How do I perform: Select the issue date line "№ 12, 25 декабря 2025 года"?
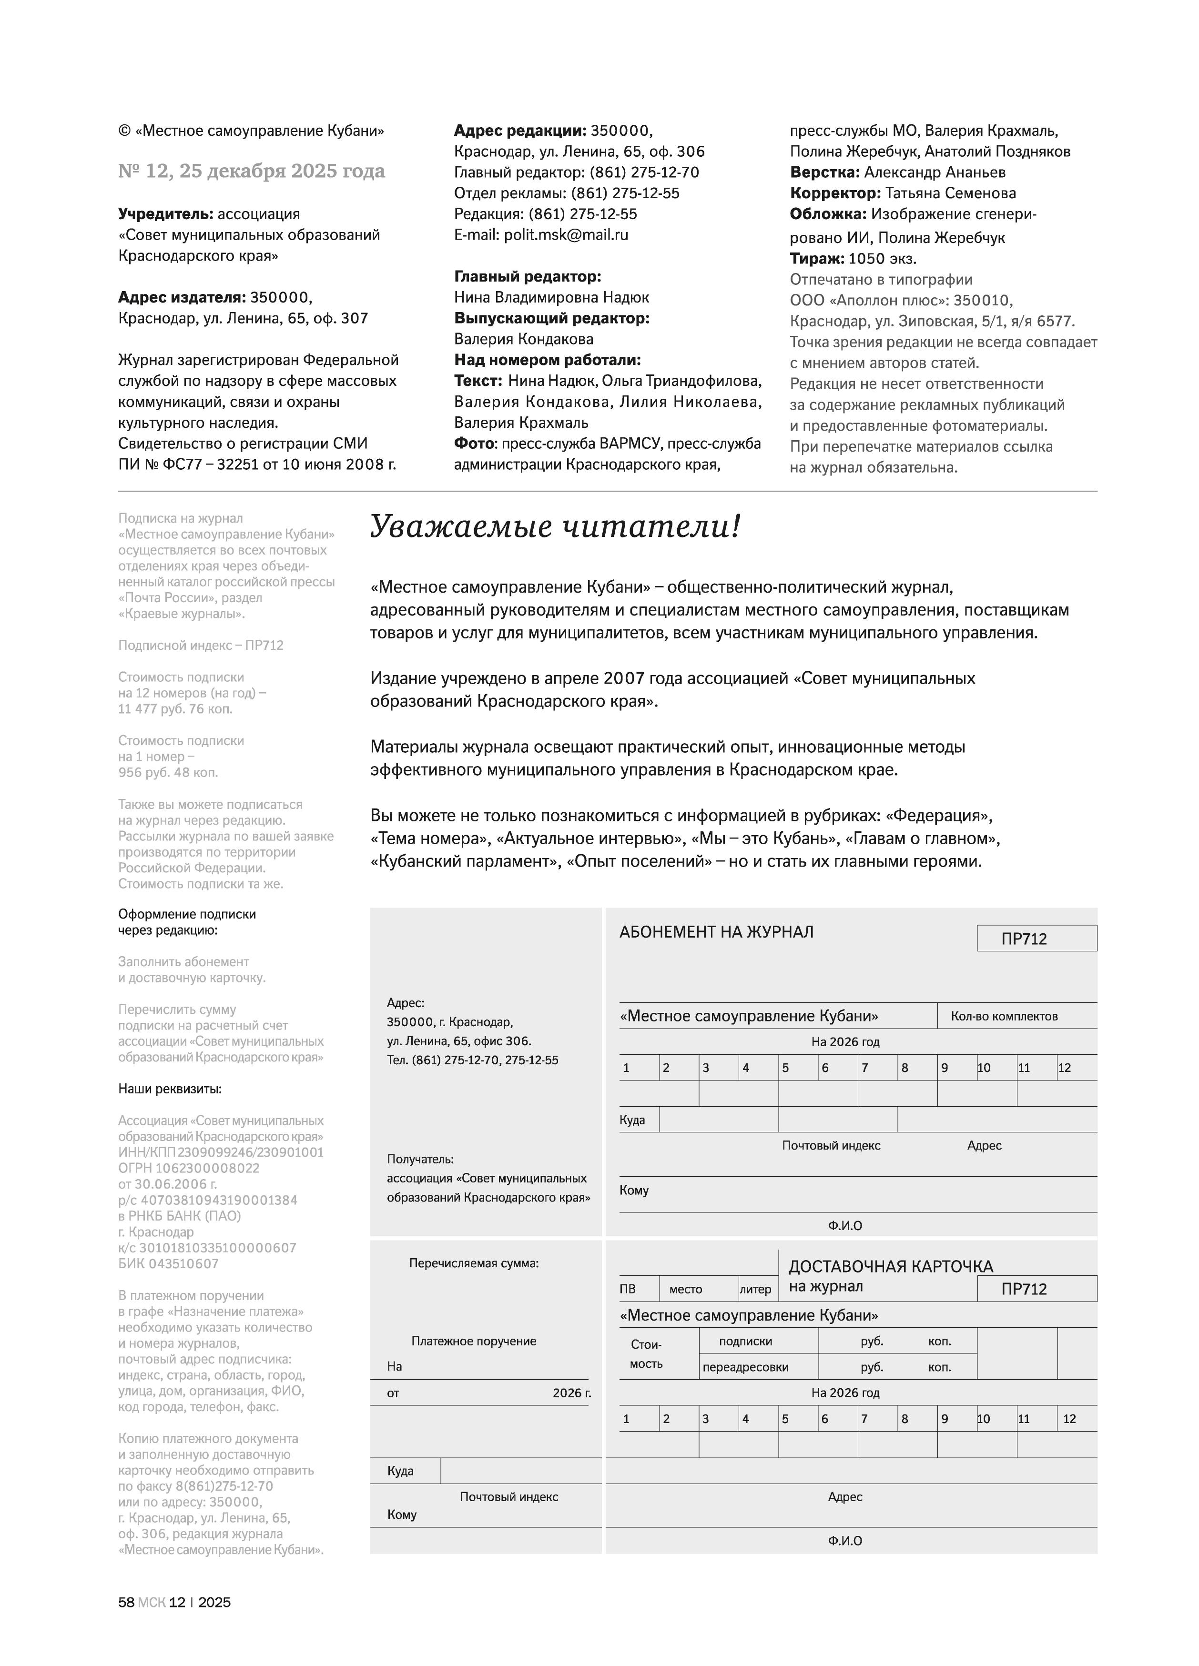pyautogui.click(x=251, y=171)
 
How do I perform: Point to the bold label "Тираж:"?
pyautogui.click(x=816, y=259)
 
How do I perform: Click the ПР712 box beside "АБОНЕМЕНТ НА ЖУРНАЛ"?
pyautogui.click(x=1036, y=939)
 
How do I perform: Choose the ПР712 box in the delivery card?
pyautogui.click(x=1036, y=1289)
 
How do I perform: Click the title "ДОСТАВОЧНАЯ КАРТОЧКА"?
pyautogui.click(x=890, y=1266)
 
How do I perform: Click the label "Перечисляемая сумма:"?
pyautogui.click(x=474, y=1263)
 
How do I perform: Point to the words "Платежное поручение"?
pyautogui.click(x=474, y=1341)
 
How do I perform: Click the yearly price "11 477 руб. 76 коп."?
pyautogui.click(x=175, y=709)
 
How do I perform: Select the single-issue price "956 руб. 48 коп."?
pyautogui.click(x=168, y=773)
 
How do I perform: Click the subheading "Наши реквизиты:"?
pyautogui.click(x=170, y=1089)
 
